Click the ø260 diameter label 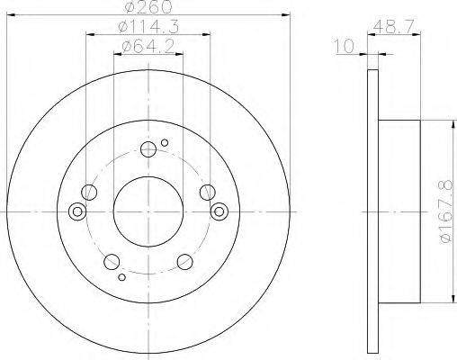pos(148,6)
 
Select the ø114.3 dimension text pos(148,27)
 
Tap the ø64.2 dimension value pos(148,47)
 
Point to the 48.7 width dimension pos(394,27)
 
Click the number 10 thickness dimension pos(345,47)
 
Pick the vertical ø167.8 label pos(447,211)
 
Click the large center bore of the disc pos(148,211)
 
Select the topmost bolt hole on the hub pos(148,149)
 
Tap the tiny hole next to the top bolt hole pos(165,142)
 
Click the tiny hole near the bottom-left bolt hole pos(121,277)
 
